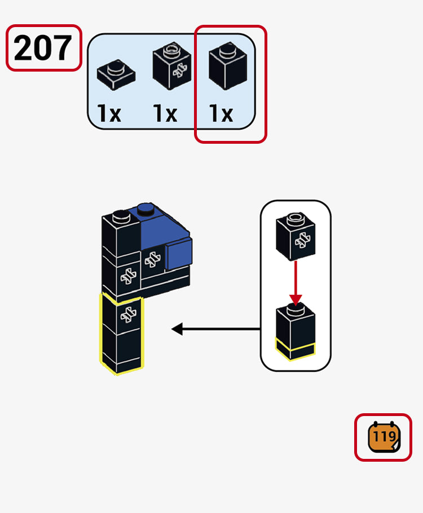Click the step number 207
43,48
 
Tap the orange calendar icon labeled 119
384,437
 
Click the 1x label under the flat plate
109,114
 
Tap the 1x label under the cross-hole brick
165,114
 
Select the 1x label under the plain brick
221,114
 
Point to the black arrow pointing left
214,329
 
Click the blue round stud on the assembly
146,210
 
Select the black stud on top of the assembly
120,214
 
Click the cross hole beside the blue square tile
151,260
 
